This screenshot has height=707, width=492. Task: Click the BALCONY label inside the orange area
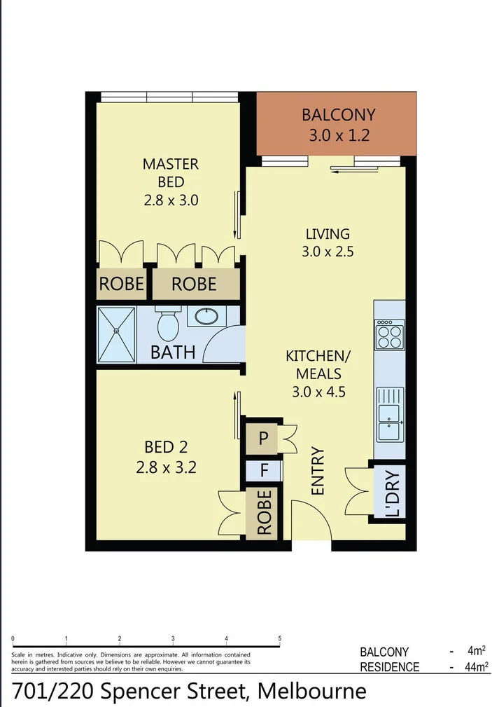(x=338, y=114)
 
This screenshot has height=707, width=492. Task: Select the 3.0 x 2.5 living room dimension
(x=327, y=252)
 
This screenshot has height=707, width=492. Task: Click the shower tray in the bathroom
(x=117, y=335)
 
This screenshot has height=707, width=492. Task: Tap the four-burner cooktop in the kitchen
(x=390, y=334)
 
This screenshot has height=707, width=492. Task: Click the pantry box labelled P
(x=263, y=439)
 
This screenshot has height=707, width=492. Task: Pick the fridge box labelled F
(x=264, y=470)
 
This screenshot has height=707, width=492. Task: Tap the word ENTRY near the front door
(x=318, y=472)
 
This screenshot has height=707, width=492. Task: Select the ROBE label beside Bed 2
(x=264, y=513)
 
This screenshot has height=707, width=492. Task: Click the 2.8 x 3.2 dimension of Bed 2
(x=166, y=467)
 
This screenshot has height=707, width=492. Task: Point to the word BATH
(x=173, y=351)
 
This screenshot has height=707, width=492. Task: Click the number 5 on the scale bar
(x=280, y=638)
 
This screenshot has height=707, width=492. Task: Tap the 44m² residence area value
(x=476, y=666)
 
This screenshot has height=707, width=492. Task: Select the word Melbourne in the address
(x=312, y=691)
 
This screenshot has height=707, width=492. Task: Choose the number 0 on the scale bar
(x=14, y=638)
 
